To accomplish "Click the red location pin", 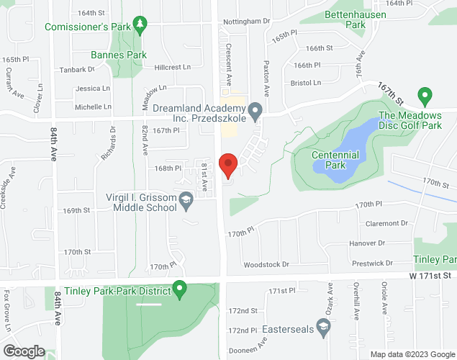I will pyautogui.click(x=228, y=165).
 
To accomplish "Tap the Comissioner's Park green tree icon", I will pyautogui.click(x=140, y=26).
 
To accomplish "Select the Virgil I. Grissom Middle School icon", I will pyautogui.click(x=186, y=201).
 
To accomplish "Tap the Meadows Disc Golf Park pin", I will pyautogui.click(x=425, y=94).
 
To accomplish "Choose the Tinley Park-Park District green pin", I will pyautogui.click(x=181, y=291).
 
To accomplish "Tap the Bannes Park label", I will pyautogui.click(x=119, y=55).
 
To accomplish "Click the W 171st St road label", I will pyautogui.click(x=430, y=275).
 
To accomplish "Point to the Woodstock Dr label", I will pyautogui.click(x=266, y=264).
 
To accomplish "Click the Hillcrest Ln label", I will pyautogui.click(x=172, y=67).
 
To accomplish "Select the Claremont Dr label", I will pyautogui.click(x=386, y=223).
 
